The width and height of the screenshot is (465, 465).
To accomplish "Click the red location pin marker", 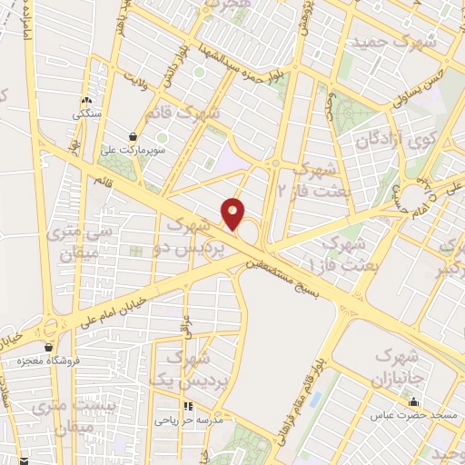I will [x=233, y=213].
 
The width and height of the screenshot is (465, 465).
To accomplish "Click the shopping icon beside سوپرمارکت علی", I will [x=133, y=136].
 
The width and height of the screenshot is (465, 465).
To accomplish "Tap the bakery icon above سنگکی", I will [x=87, y=102].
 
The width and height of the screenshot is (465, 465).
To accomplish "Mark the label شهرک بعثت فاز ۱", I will [x=337, y=253].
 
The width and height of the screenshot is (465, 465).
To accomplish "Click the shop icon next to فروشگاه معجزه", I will [x=48, y=347].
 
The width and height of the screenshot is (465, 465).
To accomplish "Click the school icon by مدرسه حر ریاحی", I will [x=189, y=407].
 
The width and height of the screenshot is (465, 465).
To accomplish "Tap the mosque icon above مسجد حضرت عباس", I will [x=414, y=401].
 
